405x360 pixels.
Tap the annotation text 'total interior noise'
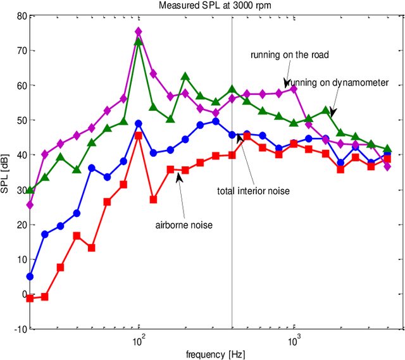click(252, 190)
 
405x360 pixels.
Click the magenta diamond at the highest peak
click(139, 32)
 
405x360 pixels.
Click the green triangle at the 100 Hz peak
click(139, 42)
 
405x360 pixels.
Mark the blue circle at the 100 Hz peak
click(139, 124)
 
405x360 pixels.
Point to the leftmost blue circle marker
click(30, 276)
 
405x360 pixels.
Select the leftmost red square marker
click(30, 298)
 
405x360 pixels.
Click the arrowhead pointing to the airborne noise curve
click(179, 178)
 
